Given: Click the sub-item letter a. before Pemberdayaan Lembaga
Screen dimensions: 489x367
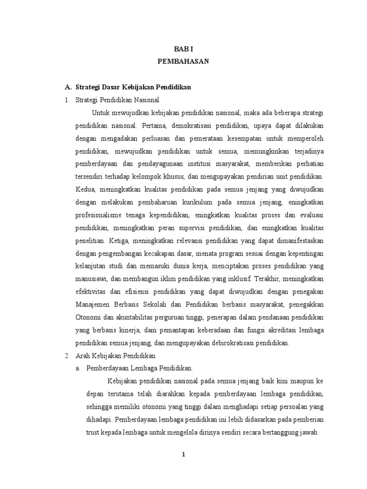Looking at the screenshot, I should pos(78,368).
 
